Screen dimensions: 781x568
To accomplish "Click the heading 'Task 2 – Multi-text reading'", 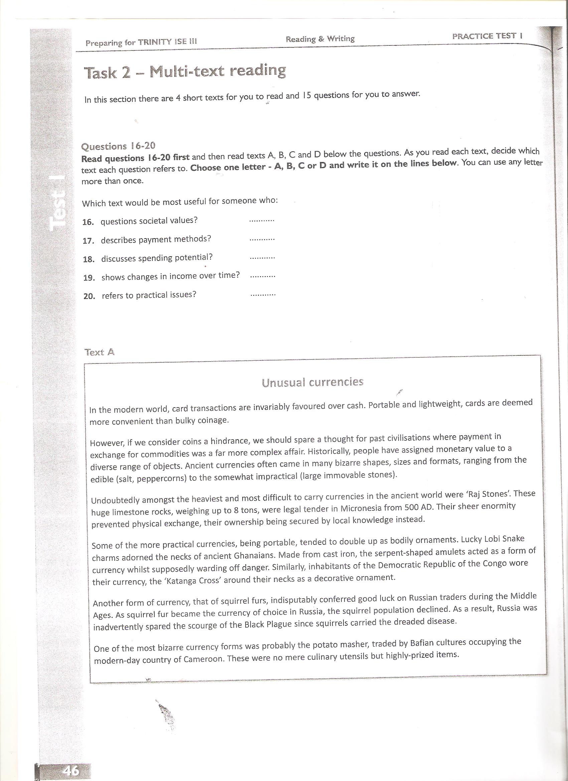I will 185,72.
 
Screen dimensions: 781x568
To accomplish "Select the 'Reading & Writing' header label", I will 320,39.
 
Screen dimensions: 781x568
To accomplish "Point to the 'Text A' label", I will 100,352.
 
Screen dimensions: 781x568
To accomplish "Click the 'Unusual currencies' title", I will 312,382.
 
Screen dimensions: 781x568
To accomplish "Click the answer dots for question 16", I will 261,220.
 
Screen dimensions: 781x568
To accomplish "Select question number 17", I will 89,241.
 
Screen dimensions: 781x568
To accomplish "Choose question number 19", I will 89,278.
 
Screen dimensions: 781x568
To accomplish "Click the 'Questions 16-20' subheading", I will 118,146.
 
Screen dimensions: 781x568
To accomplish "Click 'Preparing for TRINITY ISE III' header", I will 141,42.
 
